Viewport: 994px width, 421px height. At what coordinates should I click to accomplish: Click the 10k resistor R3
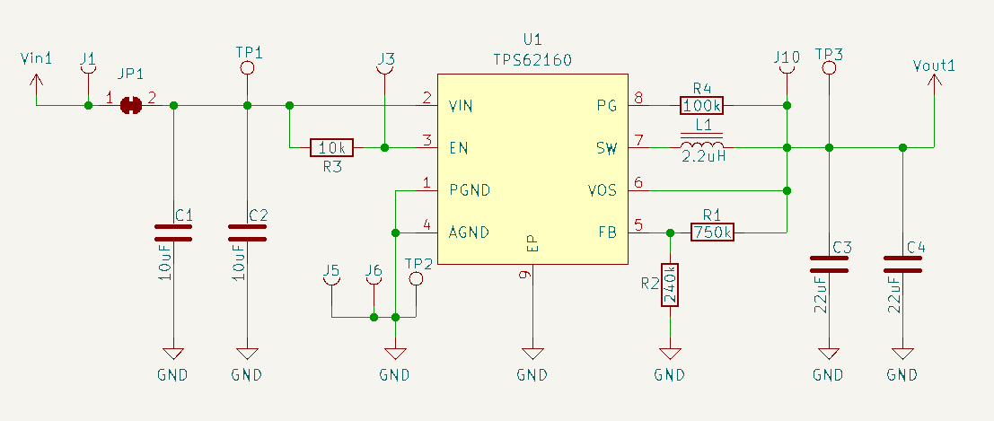click(x=332, y=147)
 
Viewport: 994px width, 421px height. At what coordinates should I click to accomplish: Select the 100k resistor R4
click(x=702, y=106)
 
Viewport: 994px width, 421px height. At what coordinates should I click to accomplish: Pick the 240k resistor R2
click(x=669, y=285)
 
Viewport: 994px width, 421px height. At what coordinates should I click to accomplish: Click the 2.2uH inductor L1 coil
click(x=702, y=146)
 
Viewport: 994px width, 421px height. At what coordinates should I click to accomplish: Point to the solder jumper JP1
click(x=132, y=106)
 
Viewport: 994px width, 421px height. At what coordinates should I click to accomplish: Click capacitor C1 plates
click(x=173, y=233)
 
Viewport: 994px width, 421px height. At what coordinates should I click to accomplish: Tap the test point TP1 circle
click(x=248, y=68)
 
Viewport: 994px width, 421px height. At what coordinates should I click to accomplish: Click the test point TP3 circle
click(x=829, y=68)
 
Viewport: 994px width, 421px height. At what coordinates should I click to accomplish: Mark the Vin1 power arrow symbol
click(x=36, y=83)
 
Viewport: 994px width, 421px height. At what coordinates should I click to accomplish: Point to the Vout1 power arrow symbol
click(x=934, y=83)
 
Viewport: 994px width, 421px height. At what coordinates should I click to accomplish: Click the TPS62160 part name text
click(x=532, y=59)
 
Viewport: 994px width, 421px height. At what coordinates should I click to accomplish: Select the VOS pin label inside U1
click(x=602, y=190)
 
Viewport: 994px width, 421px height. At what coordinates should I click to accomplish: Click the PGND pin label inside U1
click(x=469, y=190)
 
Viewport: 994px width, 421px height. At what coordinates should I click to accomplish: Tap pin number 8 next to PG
click(x=638, y=98)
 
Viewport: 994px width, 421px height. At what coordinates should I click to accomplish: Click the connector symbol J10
click(x=787, y=79)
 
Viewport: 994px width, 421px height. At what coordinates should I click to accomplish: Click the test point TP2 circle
click(x=416, y=279)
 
